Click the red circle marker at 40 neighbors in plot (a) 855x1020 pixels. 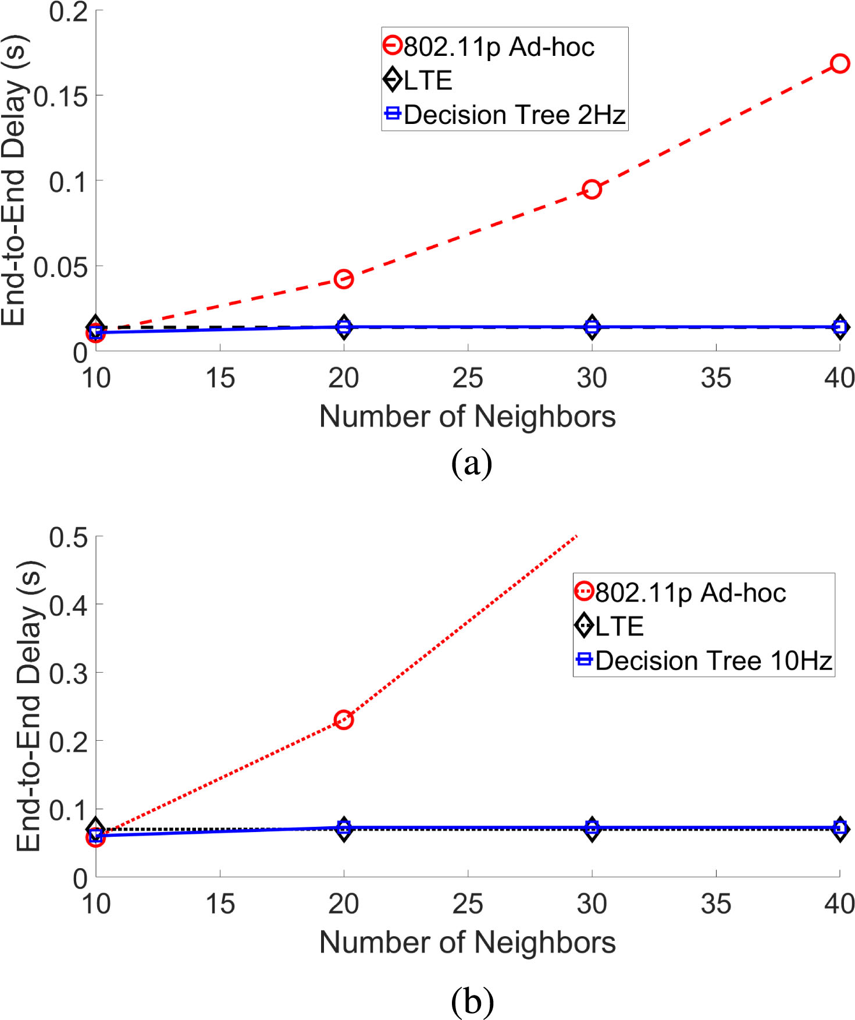pyautogui.click(x=839, y=63)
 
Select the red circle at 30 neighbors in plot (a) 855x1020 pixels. pyautogui.click(x=592, y=190)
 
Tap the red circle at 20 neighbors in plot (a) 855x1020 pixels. pyautogui.click(x=344, y=279)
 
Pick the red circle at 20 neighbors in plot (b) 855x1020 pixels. pyautogui.click(x=344, y=720)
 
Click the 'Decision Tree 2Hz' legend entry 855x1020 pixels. pyautogui.click(x=504, y=115)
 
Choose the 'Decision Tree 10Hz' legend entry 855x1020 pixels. pyautogui.click(x=704, y=660)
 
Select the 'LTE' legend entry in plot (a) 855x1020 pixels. pyautogui.click(x=418, y=80)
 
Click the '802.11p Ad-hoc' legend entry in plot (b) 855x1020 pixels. pyautogui.click(x=681, y=592)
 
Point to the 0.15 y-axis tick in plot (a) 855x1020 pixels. pyautogui.click(x=60, y=96)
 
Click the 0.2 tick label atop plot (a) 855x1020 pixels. pyautogui.click(x=68, y=12)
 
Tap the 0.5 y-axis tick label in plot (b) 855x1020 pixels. pyautogui.click(x=68, y=538)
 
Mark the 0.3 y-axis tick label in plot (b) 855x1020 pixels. pyautogui.click(x=68, y=674)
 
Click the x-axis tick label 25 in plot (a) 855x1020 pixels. pyautogui.click(x=468, y=378)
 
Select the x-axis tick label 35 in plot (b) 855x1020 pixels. pyautogui.click(x=715, y=904)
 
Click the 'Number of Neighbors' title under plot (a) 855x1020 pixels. pyautogui.click(x=468, y=417)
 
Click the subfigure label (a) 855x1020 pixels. pyautogui.click(x=472, y=464)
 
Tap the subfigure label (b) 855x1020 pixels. pyautogui.click(x=472, y=1001)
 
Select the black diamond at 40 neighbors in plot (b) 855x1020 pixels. pyautogui.click(x=839, y=829)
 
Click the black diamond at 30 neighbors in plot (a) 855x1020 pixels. pyautogui.click(x=592, y=327)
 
